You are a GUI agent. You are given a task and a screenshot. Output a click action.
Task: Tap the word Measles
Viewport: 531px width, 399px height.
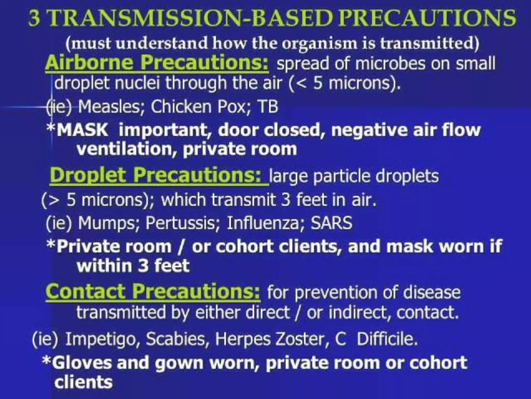tap(109, 107)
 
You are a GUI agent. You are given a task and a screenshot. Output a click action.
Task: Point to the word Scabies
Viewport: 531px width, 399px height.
tap(178, 339)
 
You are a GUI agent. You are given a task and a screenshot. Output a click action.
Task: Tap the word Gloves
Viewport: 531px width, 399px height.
tap(82, 363)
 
